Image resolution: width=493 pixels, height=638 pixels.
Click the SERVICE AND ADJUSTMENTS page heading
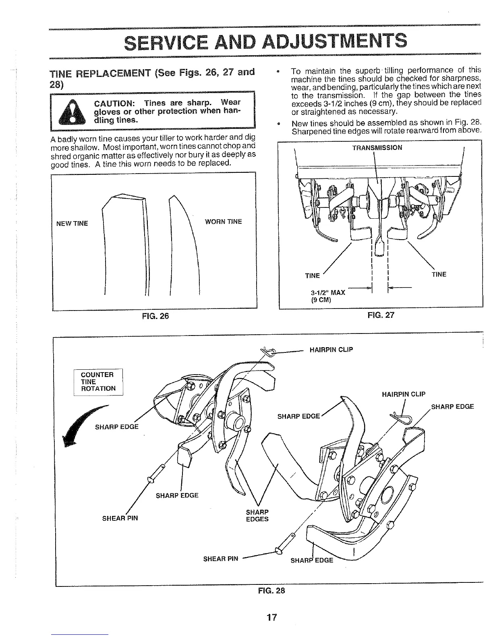[x=265, y=41]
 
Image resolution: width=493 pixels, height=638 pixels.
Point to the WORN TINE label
[x=223, y=222]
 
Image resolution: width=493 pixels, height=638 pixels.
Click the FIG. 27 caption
[x=381, y=315]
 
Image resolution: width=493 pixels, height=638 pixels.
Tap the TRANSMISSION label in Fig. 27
[x=377, y=147]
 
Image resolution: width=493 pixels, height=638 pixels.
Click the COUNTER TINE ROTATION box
[x=98, y=381]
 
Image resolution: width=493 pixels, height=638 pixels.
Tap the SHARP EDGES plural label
[x=257, y=516]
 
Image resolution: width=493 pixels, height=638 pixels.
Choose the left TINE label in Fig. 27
[x=312, y=275]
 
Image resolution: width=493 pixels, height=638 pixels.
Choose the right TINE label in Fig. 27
[x=439, y=274]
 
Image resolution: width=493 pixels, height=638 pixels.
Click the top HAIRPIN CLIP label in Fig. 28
[x=331, y=349]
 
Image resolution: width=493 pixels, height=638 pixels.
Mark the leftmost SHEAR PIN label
[x=120, y=518]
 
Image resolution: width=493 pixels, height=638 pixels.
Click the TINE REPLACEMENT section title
[x=152, y=73]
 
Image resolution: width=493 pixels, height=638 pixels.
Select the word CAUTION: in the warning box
[x=114, y=102]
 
